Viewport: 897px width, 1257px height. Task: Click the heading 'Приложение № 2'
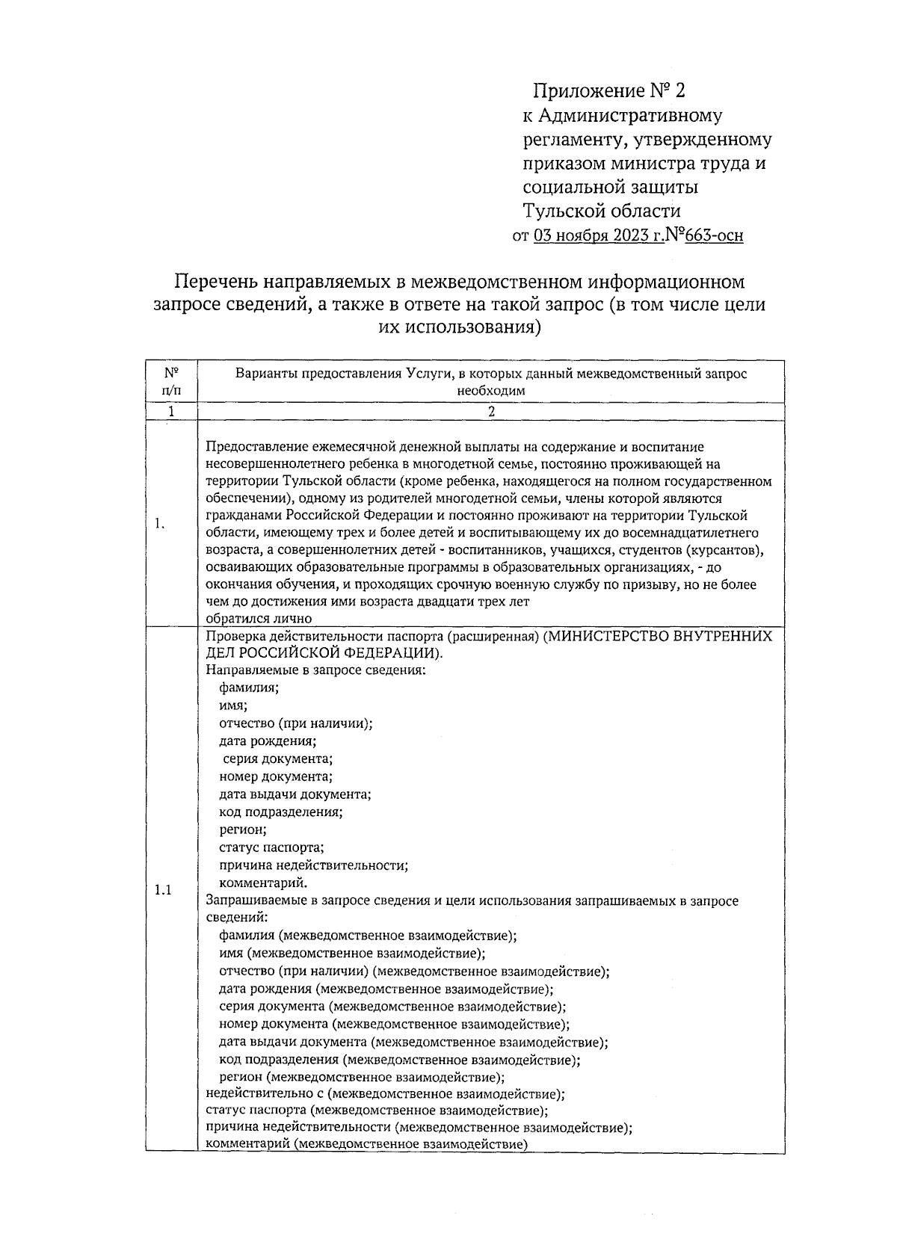click(x=608, y=92)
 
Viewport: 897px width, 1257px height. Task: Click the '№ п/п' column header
click(x=171, y=382)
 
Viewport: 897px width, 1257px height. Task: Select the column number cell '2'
click(x=491, y=412)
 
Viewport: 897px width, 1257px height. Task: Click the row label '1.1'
click(x=163, y=890)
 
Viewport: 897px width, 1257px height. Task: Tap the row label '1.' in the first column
click(x=160, y=524)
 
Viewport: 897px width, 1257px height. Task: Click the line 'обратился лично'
click(x=259, y=618)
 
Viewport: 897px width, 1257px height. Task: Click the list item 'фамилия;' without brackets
click(x=248, y=688)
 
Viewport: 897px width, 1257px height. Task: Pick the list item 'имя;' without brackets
click(x=233, y=705)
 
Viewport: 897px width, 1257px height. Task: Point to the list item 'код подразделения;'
click(x=281, y=812)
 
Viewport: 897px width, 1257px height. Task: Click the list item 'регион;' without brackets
click(x=243, y=830)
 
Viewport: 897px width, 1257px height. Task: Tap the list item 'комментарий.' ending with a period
click(x=258, y=883)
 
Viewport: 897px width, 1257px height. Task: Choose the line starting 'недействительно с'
click(x=385, y=1094)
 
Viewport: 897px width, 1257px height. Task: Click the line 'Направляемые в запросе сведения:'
click(x=315, y=670)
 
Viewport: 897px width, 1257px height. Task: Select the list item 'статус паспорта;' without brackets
click(x=271, y=847)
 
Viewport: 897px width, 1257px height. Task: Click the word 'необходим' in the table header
click(x=491, y=390)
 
